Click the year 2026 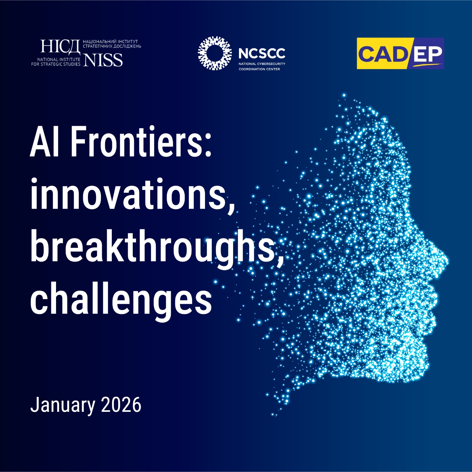121,405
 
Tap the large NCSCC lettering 262,54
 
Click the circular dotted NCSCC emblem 215,53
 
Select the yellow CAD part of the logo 382,54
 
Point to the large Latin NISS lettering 103,60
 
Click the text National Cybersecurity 262,64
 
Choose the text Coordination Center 259,69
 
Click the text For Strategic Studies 56,64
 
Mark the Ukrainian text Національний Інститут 110,42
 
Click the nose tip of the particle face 447,261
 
